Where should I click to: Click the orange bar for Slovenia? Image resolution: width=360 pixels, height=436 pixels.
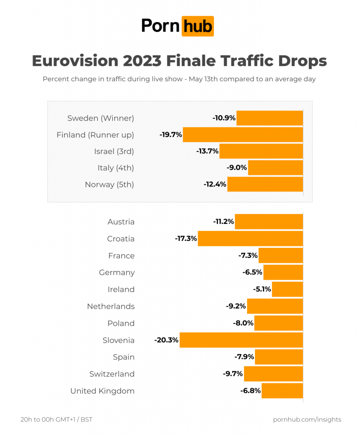241,340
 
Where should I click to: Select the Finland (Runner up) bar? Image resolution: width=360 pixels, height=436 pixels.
243,135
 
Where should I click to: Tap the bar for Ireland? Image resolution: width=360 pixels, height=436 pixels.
288,290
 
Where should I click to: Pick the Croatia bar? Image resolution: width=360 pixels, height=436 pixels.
251,239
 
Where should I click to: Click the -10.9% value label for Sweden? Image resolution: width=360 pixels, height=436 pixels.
224,118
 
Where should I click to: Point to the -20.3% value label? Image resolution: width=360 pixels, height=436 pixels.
167,340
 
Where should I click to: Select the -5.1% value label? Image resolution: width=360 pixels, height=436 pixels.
262,290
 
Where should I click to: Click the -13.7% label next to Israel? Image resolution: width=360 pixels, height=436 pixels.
207,151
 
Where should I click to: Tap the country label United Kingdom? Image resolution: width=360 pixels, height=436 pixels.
102,391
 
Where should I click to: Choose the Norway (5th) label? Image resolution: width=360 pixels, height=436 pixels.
109,184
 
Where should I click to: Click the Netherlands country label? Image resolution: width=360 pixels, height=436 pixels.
111,307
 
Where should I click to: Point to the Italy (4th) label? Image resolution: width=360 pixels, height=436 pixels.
116,168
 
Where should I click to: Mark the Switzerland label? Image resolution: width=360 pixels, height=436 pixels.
112,374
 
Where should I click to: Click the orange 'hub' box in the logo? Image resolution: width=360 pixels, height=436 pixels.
197,26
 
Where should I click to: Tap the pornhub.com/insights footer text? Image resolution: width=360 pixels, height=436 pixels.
307,420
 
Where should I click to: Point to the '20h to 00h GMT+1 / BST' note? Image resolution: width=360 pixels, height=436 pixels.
56,420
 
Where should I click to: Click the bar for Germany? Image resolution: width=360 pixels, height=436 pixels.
283,272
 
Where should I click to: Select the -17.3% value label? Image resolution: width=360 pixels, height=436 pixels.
186,239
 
